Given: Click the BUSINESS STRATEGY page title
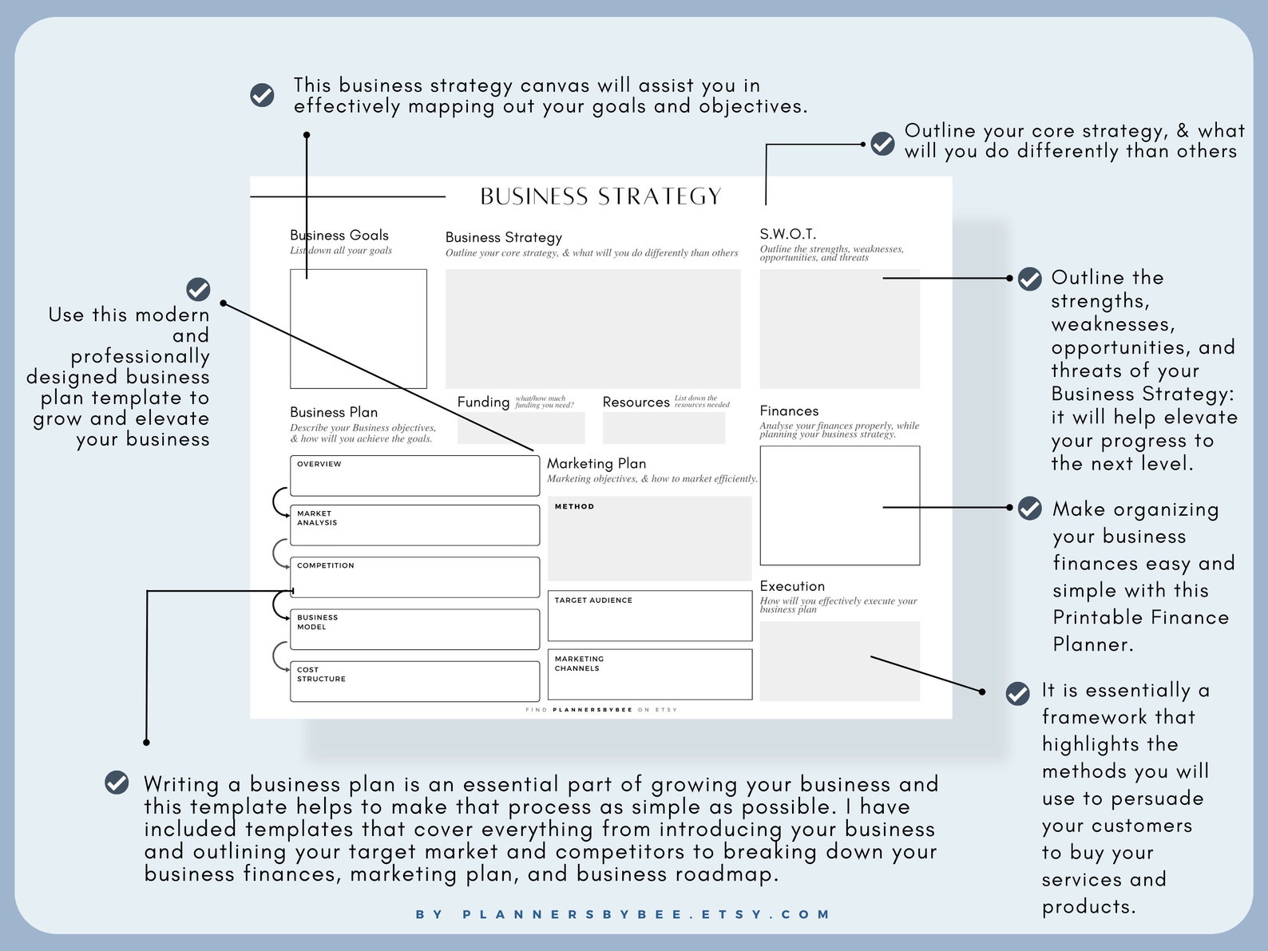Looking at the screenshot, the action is pos(600,196).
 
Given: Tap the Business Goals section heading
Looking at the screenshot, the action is pos(339,235).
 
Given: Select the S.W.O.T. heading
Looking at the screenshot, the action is pos(788,234).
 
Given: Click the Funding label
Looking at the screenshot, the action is pos(484,402).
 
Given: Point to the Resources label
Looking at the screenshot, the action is pos(636,402).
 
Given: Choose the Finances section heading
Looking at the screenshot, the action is pos(789,410).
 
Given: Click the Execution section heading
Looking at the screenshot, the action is pos(792,586).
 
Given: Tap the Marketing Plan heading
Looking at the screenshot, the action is pos(596,463).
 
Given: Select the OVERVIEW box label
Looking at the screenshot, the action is pos(319,464).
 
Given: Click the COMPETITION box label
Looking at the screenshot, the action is pos(325,565).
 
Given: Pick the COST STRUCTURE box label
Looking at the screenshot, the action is pos(321,675).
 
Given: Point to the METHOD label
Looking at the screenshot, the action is pos(574,506).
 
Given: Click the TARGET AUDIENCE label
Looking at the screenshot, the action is pos(593,600).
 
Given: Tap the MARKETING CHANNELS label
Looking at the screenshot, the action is pos(579,664).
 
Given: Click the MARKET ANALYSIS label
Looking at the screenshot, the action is pos(316,518).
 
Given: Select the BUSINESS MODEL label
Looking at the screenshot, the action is pos(317,622).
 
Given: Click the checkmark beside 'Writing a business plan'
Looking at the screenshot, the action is pos(117,783).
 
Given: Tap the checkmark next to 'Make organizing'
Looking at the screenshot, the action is pos(1029,508).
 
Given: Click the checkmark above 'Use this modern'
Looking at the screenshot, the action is pos(198,289).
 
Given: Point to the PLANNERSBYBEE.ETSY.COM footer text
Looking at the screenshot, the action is pos(623,914).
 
